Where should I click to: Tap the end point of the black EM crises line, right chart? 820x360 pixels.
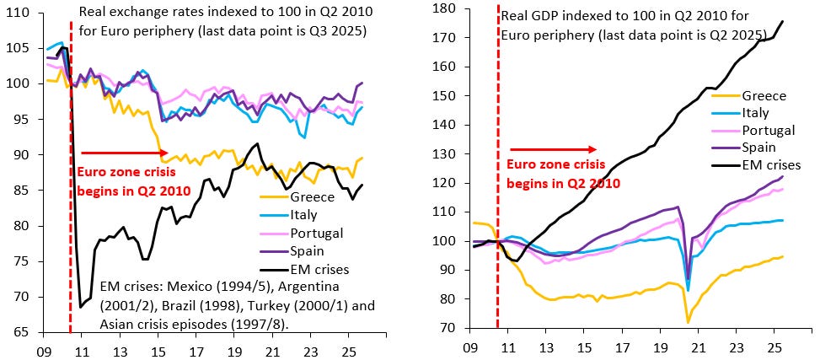783,21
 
